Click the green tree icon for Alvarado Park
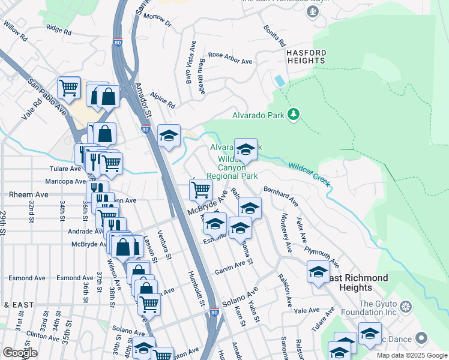pos(294,114)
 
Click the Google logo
pos(20,353)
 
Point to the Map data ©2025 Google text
pos(412,355)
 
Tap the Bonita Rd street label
pos(273,37)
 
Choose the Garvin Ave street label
pos(230,268)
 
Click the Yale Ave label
pos(306,310)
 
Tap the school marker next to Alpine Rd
pos(169,135)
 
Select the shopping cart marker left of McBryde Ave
pos(200,189)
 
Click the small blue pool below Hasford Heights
pos(279,80)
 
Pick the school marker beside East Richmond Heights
pos(318,271)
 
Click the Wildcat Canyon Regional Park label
pos(232,167)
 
